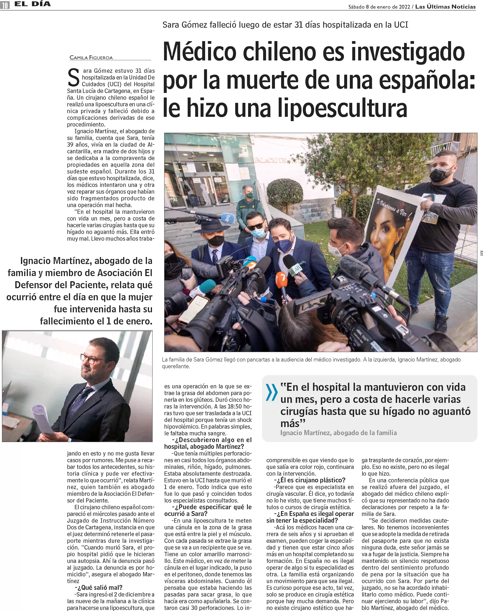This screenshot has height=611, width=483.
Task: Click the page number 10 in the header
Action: click(x=5, y=5)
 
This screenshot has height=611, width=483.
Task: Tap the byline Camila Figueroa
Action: click(x=91, y=58)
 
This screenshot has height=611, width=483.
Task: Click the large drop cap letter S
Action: click(x=74, y=78)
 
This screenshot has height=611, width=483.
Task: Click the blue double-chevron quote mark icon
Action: click(x=271, y=392)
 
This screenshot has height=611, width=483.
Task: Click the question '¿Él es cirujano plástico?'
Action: click(x=309, y=480)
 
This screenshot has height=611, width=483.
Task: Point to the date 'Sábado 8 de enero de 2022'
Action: click(x=379, y=7)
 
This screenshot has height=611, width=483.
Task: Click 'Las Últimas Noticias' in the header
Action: click(x=445, y=6)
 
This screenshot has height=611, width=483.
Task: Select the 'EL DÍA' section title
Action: click(x=32, y=4)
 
